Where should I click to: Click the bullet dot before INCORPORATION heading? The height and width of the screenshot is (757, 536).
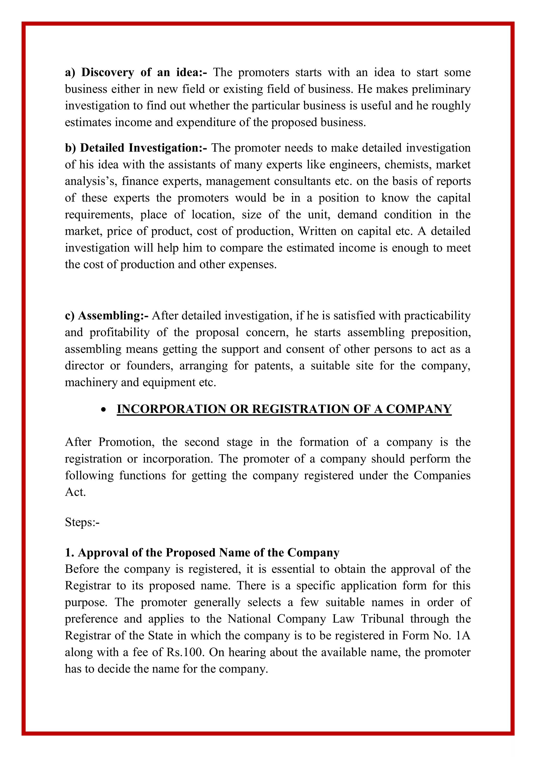(104, 410)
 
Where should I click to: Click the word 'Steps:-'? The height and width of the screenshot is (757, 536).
(82, 522)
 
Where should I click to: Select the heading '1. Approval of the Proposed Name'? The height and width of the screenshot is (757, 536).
(202, 552)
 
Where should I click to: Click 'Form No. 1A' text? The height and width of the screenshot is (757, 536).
(436, 635)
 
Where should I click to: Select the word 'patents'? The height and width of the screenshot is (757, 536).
(273, 366)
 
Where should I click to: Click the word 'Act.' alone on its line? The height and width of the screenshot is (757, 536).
(75, 492)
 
